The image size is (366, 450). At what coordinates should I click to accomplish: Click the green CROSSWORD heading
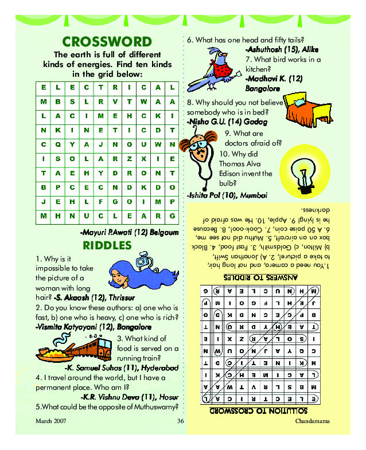point(107,42)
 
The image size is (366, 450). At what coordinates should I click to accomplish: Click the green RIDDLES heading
point(107,246)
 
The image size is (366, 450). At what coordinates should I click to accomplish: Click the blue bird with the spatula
point(213,66)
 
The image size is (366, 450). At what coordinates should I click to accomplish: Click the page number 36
point(180,422)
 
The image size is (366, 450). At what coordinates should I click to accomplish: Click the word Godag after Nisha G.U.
point(248,122)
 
